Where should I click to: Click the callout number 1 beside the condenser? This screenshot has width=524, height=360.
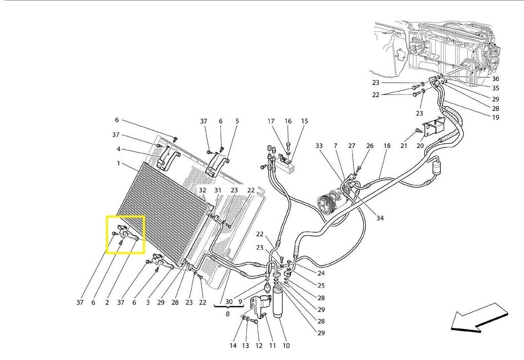(118, 163)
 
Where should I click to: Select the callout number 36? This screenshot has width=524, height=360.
(495, 79)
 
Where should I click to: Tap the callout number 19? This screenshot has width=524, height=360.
(495, 118)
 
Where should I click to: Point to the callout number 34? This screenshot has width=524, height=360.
(380, 218)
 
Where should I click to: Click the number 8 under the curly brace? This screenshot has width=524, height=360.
(228, 314)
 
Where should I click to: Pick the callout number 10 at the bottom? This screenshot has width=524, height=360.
(286, 345)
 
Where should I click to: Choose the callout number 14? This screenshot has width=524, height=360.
(233, 345)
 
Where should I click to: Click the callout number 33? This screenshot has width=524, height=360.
(319, 146)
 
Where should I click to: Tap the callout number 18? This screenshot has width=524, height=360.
(387, 146)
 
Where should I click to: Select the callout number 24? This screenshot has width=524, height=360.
(321, 273)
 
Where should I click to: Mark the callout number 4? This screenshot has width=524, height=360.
(118, 149)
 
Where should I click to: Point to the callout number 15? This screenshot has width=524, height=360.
(304, 121)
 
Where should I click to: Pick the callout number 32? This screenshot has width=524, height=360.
(203, 190)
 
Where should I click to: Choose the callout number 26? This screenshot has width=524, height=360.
(370, 146)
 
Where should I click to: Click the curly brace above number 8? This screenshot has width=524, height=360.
(229, 306)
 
